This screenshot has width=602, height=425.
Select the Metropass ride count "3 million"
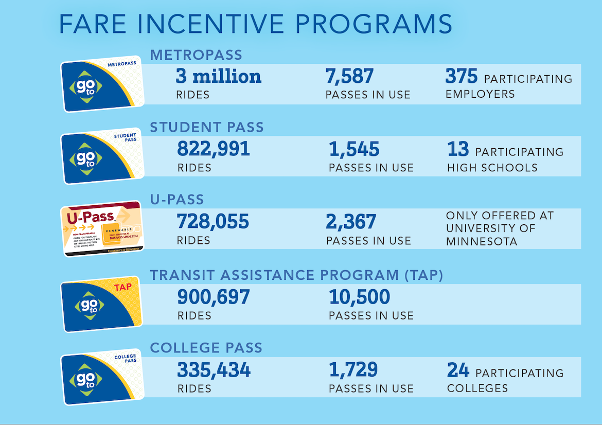219,77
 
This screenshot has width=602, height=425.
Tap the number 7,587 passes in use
349,77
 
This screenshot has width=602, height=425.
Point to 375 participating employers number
462,77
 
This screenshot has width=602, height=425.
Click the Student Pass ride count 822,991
214,149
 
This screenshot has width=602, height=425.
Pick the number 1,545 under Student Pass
354,150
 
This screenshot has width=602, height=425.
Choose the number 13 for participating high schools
458,150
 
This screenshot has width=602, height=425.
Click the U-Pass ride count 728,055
213,222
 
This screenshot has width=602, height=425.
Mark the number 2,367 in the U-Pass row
351,222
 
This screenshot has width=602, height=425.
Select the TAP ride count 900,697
214,297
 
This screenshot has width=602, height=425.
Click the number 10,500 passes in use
359,297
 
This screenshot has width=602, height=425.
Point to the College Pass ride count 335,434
214,370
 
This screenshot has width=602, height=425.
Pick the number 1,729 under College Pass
353,370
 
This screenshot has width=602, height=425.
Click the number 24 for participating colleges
458,370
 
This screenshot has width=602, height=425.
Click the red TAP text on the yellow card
122,288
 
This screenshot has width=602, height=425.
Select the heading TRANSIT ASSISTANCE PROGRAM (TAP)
296,275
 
